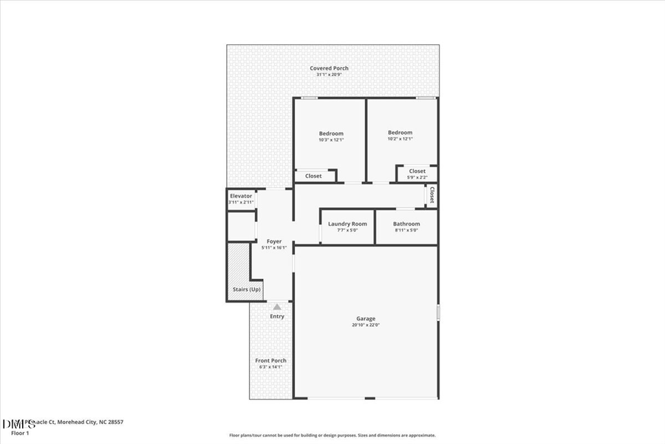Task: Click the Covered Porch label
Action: [329, 68]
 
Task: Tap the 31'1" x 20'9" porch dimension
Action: [329, 75]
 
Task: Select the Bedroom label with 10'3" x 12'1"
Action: [331, 133]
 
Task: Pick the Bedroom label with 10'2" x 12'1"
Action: [400, 132]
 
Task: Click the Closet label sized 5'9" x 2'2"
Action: [417, 171]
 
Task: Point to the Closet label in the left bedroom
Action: [313, 176]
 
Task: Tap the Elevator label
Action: [241, 196]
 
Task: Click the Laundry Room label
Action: [347, 223]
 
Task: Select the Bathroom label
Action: [406, 223]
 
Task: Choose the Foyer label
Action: [273, 241]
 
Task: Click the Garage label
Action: [366, 318]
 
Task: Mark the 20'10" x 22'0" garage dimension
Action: [366, 325]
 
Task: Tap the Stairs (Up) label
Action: [246, 289]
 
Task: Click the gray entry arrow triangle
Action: [277, 306]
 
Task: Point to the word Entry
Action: [277, 317]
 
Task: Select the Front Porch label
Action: [271, 360]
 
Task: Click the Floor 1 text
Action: [20, 433]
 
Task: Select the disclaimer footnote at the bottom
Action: [332, 435]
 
